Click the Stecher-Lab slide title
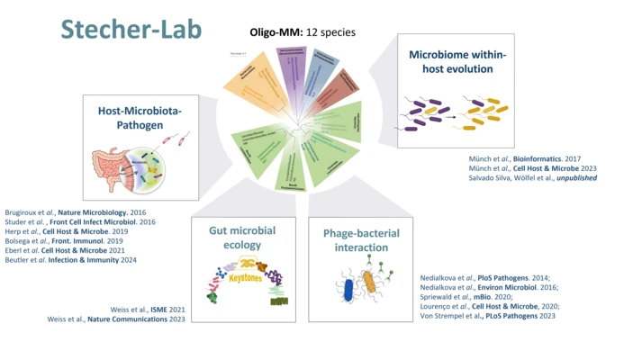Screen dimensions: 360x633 point(131,29)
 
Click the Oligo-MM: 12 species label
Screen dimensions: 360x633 point(303,32)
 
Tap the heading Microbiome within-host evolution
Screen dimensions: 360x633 point(457,61)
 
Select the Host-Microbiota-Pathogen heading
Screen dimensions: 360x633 point(140,117)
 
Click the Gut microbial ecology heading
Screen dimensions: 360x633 point(242,238)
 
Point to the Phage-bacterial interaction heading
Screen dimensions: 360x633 point(360,240)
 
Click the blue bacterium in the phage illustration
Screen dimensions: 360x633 point(347,289)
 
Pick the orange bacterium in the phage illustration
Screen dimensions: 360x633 point(369,286)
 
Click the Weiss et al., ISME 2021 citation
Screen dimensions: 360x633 point(148,309)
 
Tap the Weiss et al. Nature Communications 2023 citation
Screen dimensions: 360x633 point(116,319)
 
